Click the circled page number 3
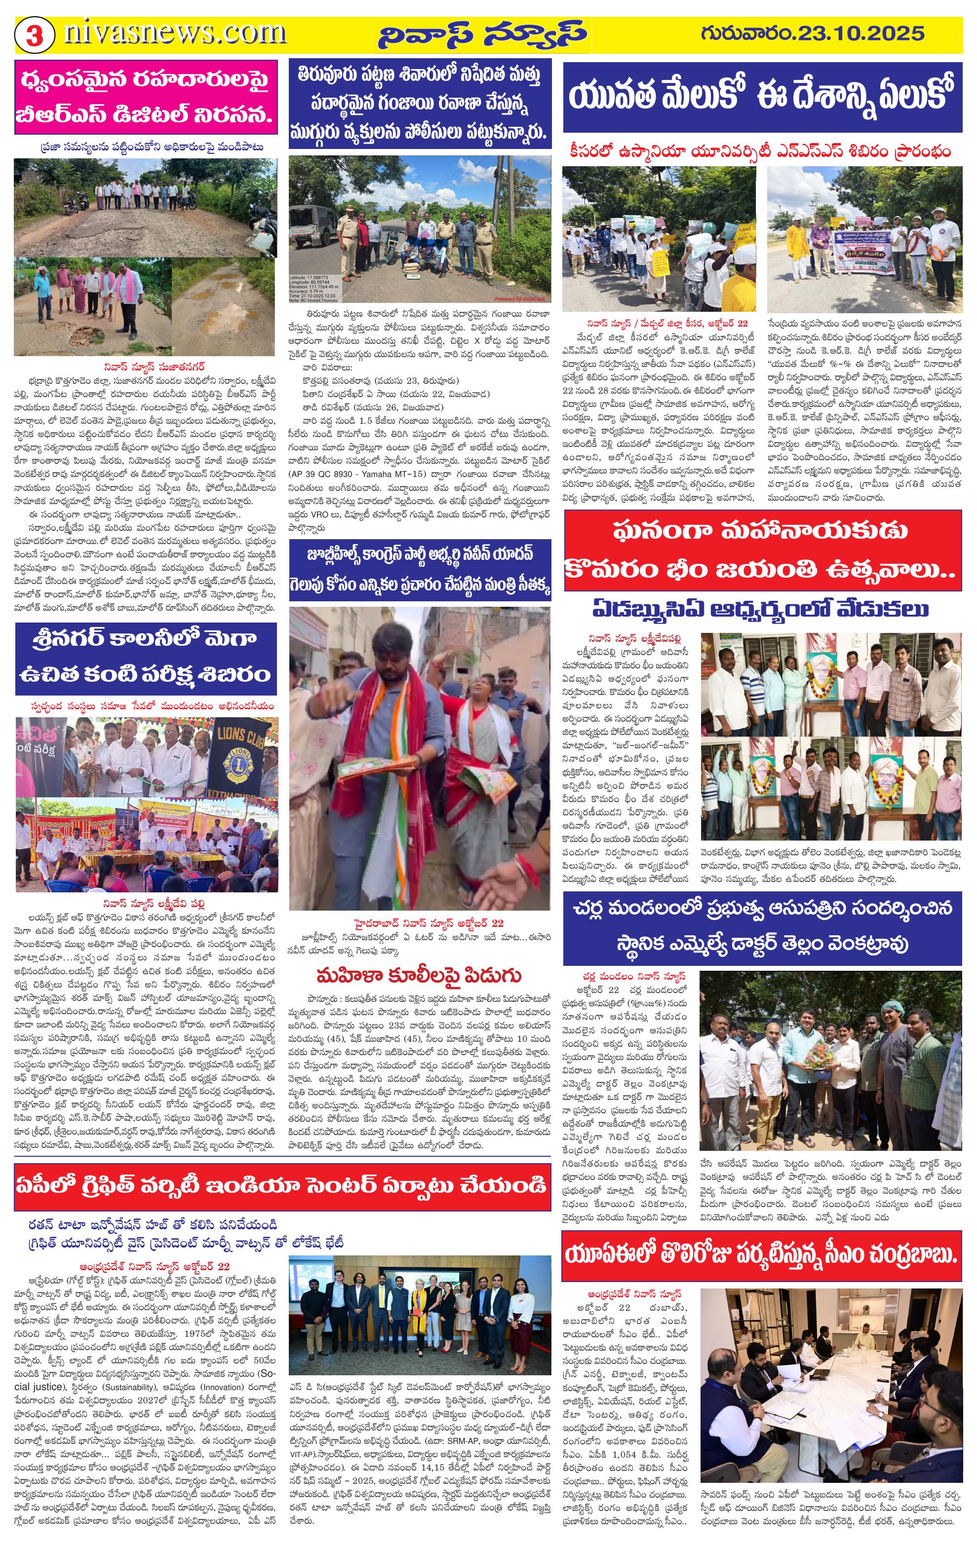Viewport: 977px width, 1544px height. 34,35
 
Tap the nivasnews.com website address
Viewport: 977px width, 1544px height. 174,34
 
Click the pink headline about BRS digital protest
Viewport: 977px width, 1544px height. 146,98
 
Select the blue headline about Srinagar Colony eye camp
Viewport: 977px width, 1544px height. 146,657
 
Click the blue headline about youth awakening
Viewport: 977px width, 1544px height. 762,96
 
